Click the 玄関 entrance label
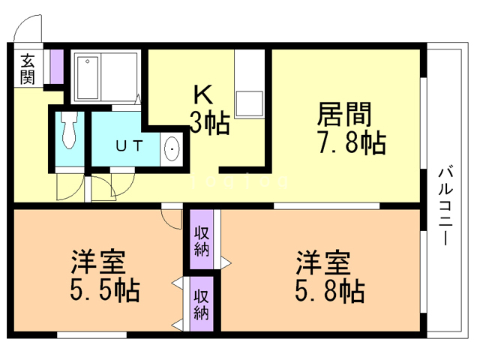(28, 68)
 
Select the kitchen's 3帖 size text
(208, 121)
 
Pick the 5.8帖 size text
(329, 289)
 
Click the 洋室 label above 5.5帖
(97, 262)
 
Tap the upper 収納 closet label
(201, 239)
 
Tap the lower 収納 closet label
(201, 304)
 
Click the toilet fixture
(70, 132)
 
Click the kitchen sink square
(245, 100)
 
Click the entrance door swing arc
(27, 30)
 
